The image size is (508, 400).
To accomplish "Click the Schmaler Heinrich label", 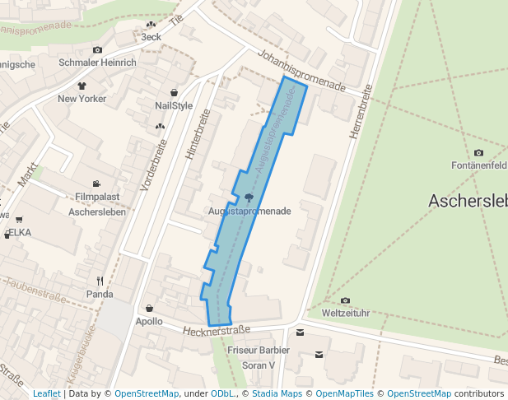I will point(97,63).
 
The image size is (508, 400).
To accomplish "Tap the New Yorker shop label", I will point(82,99).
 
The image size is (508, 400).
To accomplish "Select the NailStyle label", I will point(174,105).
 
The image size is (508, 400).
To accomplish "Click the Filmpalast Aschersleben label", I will point(97,204).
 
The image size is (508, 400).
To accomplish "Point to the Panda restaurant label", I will point(100,294).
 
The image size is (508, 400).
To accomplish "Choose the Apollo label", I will point(149,321).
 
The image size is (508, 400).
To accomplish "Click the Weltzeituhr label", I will point(345,313).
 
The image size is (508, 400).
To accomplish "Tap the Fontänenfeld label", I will point(478,165).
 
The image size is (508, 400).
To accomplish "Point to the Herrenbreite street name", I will point(357,113).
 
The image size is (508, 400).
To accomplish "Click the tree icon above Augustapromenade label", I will point(249,198).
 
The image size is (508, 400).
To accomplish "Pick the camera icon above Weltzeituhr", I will point(345,300).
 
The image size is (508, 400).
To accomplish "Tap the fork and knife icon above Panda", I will point(100,281).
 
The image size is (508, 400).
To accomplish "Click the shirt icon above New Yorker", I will point(82,86).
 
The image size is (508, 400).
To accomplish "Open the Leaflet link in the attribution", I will point(46,393).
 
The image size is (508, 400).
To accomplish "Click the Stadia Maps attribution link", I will point(276,393).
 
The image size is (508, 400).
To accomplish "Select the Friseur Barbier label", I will point(259,351).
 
